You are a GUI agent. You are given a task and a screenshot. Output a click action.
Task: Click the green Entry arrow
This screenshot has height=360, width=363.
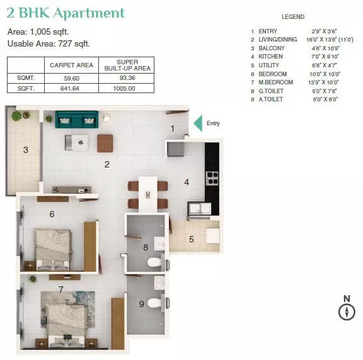[x=198, y=123]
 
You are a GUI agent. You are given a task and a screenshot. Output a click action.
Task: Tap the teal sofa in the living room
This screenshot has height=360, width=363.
[x=77, y=120]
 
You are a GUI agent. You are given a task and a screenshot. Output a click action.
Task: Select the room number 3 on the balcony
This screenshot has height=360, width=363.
[x=26, y=150]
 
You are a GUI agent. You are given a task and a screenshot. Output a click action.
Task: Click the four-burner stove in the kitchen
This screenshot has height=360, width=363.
[x=212, y=178]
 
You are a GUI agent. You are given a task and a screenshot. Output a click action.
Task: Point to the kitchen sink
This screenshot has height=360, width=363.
[x=199, y=208]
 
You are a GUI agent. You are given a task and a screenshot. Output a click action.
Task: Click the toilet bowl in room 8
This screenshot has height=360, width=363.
[x=154, y=262]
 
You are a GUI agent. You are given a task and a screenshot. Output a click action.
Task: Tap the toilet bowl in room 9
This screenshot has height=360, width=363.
[x=154, y=303]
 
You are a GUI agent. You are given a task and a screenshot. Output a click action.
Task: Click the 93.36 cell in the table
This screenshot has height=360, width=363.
[x=127, y=78]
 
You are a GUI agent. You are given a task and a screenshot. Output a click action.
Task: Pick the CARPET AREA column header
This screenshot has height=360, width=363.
[x=72, y=65]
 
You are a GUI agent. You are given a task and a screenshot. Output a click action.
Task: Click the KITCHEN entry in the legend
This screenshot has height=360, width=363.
[x=270, y=57]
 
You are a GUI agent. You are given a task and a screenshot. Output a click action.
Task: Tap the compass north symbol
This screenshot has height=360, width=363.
[x=347, y=308]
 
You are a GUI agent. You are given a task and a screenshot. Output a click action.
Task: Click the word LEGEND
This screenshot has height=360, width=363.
[x=293, y=17]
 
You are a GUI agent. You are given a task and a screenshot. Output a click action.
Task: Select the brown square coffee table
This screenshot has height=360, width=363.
[x=105, y=143]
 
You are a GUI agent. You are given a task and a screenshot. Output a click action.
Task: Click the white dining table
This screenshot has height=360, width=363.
[x=147, y=194]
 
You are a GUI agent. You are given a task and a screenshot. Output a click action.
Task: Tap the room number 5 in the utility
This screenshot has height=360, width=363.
[x=192, y=239]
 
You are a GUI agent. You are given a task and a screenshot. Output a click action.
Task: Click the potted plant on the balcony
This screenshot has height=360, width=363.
[x=16, y=115]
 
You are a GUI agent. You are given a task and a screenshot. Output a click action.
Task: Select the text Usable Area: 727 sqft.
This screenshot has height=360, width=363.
[x=49, y=43]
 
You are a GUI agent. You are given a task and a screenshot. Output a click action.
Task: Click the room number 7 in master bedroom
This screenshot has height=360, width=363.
[x=61, y=290]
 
